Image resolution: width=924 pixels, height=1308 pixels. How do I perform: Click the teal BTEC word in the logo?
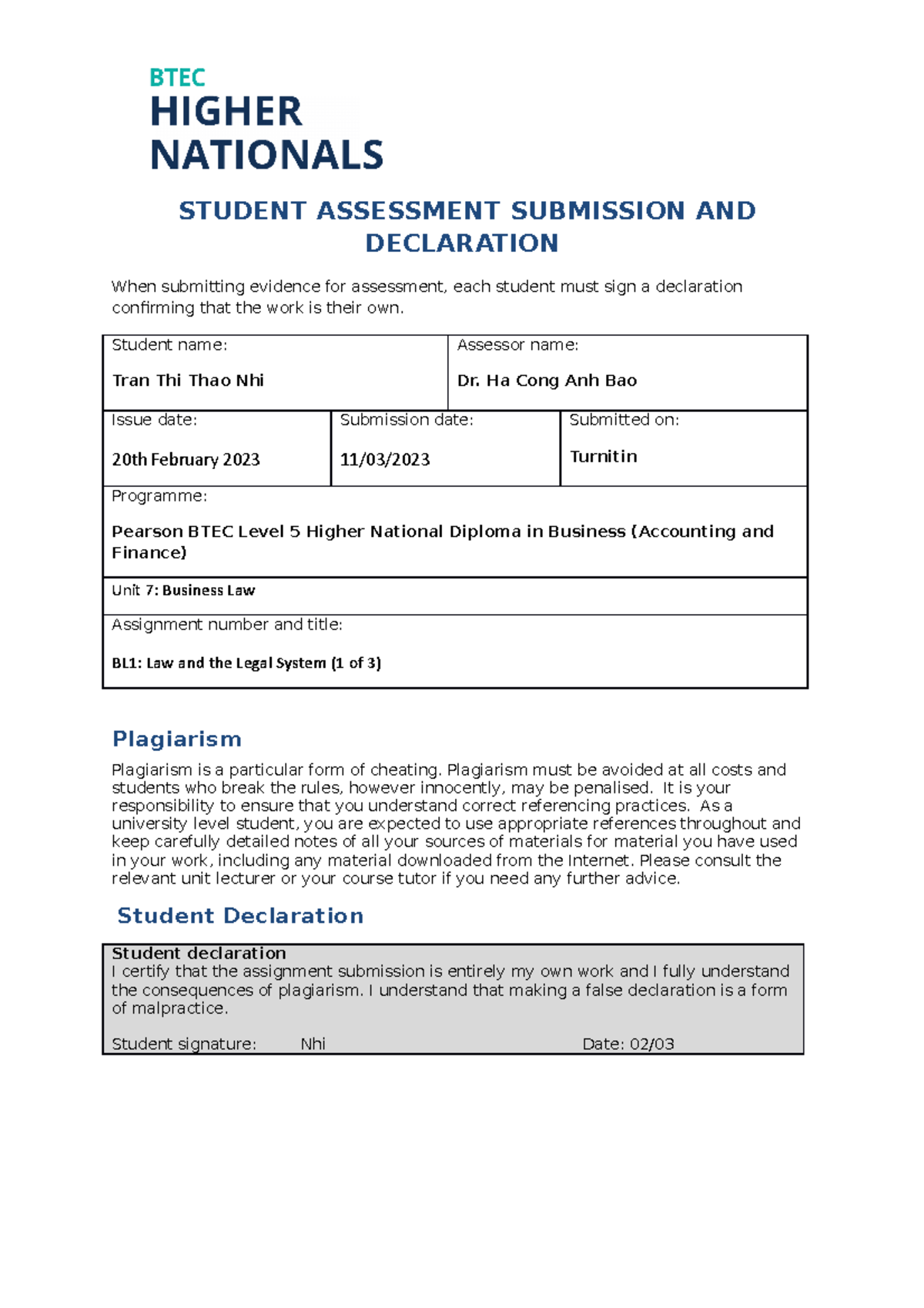click(177, 78)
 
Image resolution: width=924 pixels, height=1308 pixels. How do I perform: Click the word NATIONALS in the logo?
click(266, 156)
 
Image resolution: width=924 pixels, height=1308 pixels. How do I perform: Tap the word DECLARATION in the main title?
click(461, 243)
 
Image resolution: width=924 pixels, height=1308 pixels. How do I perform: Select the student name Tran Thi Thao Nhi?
click(188, 381)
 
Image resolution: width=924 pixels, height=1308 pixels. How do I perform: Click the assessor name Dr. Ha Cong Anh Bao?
click(547, 381)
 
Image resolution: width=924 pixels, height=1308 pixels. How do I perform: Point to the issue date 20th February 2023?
click(186, 460)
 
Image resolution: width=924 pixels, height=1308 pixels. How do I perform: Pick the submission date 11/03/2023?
click(385, 460)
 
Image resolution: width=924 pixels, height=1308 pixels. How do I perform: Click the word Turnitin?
click(603, 457)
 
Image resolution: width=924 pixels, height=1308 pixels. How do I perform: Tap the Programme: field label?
click(159, 496)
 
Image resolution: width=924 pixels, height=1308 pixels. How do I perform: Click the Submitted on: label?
click(624, 420)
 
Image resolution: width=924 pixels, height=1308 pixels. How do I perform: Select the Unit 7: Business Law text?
click(183, 591)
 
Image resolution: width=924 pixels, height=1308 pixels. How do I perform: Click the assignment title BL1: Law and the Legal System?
click(246, 663)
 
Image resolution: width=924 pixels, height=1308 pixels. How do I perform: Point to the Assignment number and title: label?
click(226, 625)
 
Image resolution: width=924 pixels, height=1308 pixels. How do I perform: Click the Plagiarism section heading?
click(177, 740)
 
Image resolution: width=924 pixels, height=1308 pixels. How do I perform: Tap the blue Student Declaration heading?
click(240, 916)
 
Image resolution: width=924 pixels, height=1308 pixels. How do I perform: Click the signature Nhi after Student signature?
click(313, 1044)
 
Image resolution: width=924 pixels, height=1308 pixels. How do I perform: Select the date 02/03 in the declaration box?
click(651, 1044)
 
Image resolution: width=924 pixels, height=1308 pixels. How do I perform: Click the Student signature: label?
click(183, 1044)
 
